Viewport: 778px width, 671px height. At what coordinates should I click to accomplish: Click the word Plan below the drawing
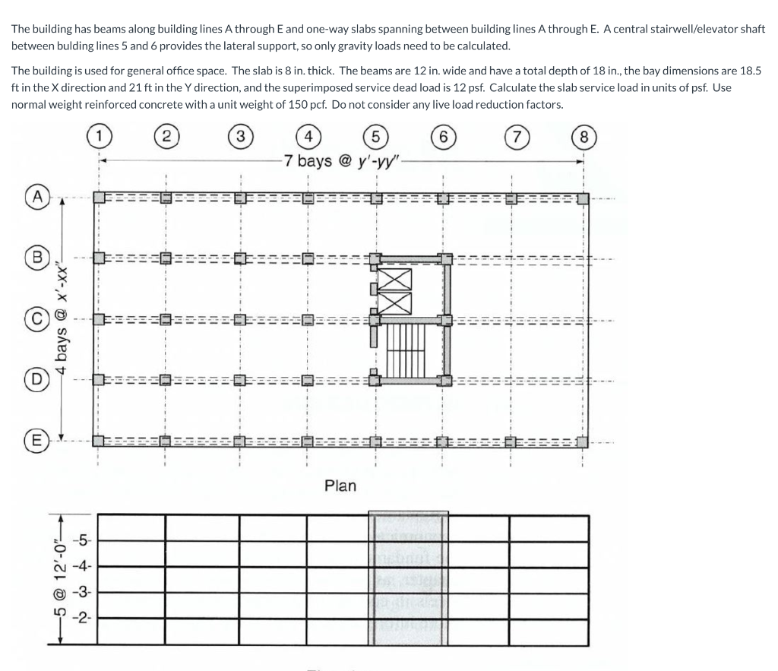[340, 485]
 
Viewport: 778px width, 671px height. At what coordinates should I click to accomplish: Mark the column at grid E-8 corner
[582, 441]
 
